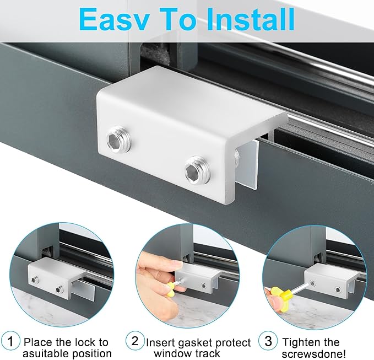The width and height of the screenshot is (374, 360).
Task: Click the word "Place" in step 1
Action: (x=39, y=343)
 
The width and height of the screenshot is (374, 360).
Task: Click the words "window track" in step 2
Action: (x=187, y=354)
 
